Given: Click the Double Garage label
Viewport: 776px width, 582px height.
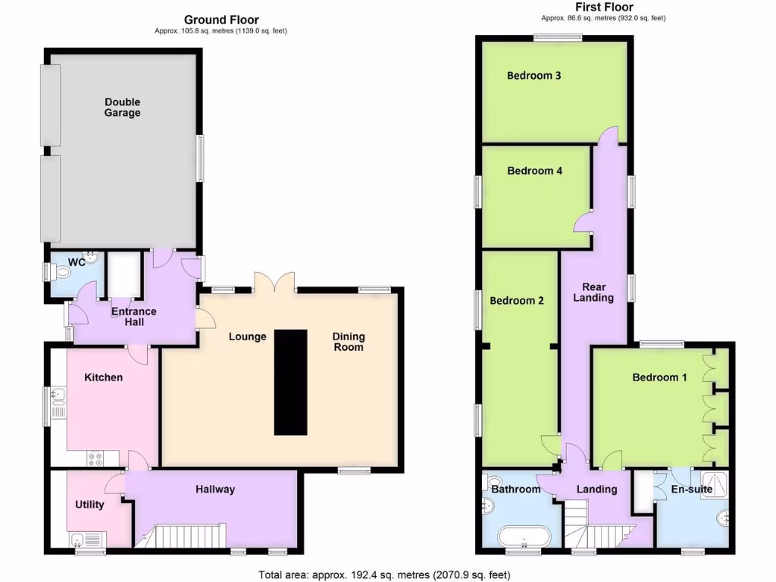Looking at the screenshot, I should [x=123, y=108].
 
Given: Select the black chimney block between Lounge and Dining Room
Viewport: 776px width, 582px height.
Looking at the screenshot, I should [x=290, y=382].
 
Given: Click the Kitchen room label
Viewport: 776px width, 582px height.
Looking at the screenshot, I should [x=103, y=377].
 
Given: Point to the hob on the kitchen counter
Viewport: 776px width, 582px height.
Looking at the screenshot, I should [x=96, y=457].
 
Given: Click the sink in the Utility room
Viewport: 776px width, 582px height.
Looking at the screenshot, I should [x=77, y=540].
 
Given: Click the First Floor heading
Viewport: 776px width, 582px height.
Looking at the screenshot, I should [x=604, y=8].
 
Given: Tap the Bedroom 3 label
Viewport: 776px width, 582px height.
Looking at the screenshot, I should [x=533, y=76].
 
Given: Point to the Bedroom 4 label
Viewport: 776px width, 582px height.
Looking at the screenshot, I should [x=534, y=171].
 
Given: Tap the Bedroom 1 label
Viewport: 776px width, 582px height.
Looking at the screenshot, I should [x=659, y=377].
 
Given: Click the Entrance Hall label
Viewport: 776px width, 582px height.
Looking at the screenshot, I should [x=134, y=317].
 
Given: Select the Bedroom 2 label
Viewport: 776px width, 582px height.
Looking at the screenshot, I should [x=517, y=301].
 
